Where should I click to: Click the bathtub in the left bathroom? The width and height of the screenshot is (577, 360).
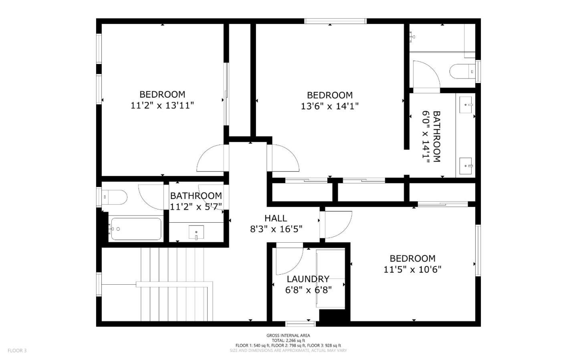click(x=136, y=229)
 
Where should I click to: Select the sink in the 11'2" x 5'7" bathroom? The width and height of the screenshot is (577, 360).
click(x=196, y=232)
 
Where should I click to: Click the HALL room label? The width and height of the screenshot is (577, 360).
click(x=276, y=218)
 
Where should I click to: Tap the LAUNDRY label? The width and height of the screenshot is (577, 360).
click(x=308, y=279)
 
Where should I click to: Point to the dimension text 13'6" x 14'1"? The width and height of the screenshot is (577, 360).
click(x=329, y=107)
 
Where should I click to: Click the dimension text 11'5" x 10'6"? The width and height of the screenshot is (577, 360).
click(x=412, y=269)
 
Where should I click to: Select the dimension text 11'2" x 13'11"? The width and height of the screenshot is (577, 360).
click(x=162, y=106)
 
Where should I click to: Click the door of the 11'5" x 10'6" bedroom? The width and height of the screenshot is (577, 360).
click(x=337, y=224)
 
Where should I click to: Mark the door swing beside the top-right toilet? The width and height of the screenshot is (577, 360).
click(x=426, y=75)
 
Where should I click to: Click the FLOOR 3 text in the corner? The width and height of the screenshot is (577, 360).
click(x=17, y=351)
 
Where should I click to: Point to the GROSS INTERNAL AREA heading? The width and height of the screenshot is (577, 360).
click(x=288, y=336)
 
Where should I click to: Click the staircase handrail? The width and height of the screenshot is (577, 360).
click(x=174, y=284)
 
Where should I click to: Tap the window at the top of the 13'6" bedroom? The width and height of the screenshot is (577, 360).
click(x=335, y=21)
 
